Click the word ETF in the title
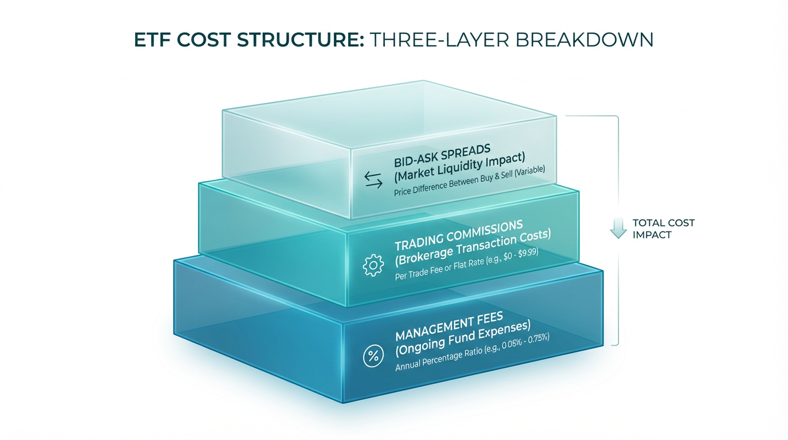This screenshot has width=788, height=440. (153, 40)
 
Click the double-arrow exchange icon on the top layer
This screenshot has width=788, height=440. (373, 180)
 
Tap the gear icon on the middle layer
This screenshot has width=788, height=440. (373, 265)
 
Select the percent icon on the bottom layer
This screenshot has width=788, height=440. (373, 356)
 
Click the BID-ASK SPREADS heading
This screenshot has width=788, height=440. (442, 156)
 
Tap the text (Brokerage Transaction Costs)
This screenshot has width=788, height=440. (473, 248)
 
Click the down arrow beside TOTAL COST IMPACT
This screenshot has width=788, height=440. (618, 228)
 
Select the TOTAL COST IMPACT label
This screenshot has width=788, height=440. (664, 229)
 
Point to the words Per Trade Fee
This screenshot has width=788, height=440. (415, 272)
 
